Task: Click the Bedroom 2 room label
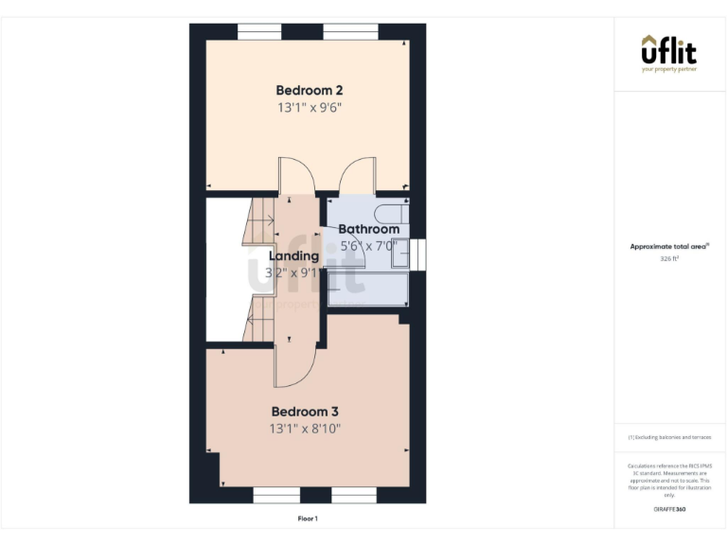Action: [309, 91]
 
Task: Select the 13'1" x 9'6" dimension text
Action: [309, 108]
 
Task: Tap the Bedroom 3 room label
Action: [305, 412]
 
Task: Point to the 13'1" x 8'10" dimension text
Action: [305, 429]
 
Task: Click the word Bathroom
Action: [368, 229]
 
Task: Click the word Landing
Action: [293, 256]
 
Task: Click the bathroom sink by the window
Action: [400, 253]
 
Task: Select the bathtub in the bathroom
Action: [367, 290]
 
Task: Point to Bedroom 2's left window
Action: [259, 32]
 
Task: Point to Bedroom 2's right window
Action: [350, 32]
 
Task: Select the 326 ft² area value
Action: [669, 256]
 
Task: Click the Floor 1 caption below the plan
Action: [308, 519]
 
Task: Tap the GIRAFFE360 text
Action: [669, 510]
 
